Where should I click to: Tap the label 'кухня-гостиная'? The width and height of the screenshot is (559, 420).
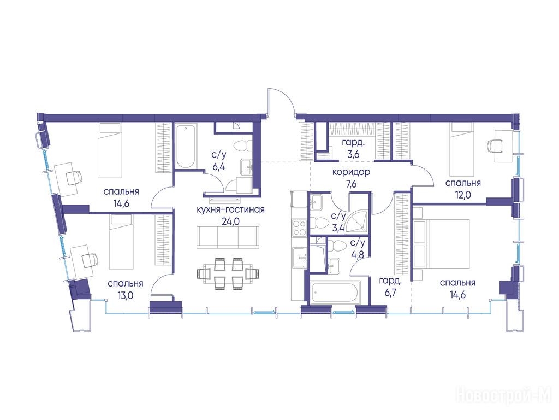tap(231, 209)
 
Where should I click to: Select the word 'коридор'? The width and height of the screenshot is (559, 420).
tap(351, 172)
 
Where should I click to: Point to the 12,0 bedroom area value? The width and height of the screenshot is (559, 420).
tap(463, 195)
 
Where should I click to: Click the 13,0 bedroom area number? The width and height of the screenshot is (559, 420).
tap(125, 295)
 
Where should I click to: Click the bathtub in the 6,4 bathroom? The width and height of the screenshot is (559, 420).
tap(186, 145)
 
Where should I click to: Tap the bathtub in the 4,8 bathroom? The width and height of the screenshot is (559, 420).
tap(335, 292)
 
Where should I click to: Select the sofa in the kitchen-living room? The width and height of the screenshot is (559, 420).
tap(228, 237)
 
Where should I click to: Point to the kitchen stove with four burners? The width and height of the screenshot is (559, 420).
tap(299, 228)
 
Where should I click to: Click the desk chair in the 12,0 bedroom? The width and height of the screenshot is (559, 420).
tap(496, 145)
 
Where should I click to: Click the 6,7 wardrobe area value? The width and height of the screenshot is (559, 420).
tap(388, 293)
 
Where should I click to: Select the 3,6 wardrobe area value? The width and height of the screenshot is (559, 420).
tap(353, 155)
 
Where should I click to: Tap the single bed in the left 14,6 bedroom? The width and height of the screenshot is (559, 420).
tap(110, 150)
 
